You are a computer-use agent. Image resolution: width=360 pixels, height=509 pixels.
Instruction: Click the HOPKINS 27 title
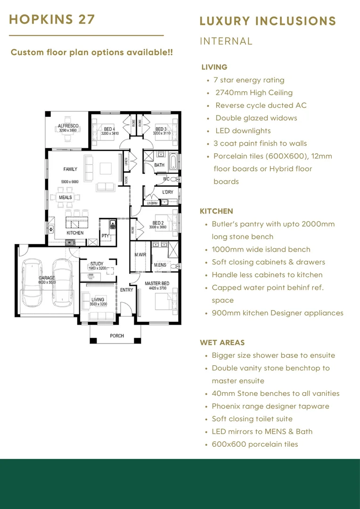click(52, 19)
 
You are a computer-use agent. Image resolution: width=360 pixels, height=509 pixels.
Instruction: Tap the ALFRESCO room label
click(68, 126)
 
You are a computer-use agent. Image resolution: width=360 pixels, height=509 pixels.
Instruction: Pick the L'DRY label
click(168, 192)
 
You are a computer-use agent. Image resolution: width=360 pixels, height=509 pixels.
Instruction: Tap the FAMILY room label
click(70, 169)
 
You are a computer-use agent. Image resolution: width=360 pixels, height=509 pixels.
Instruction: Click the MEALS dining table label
click(65, 197)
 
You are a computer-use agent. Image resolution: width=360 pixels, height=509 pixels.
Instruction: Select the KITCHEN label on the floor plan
click(75, 233)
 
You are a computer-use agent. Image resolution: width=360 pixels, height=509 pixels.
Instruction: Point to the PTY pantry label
click(105, 236)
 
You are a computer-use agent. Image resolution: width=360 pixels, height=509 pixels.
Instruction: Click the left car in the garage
click(33, 282)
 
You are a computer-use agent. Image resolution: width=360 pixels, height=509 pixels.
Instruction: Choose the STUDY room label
click(97, 264)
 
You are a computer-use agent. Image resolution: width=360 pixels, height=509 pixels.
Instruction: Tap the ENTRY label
click(127, 290)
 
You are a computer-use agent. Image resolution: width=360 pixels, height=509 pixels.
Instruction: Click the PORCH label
click(117, 336)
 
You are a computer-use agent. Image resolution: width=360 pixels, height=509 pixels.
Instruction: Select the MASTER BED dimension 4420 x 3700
click(157, 288)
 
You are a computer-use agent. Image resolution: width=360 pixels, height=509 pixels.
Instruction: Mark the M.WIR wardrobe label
click(140, 255)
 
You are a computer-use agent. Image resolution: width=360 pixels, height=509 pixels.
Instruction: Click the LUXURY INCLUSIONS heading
click(268, 21)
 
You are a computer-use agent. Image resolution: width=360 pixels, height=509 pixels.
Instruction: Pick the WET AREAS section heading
click(222, 343)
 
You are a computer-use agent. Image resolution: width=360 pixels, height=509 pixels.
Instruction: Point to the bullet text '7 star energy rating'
click(249, 80)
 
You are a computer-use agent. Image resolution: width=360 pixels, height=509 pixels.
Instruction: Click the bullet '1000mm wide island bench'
click(261, 249)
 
